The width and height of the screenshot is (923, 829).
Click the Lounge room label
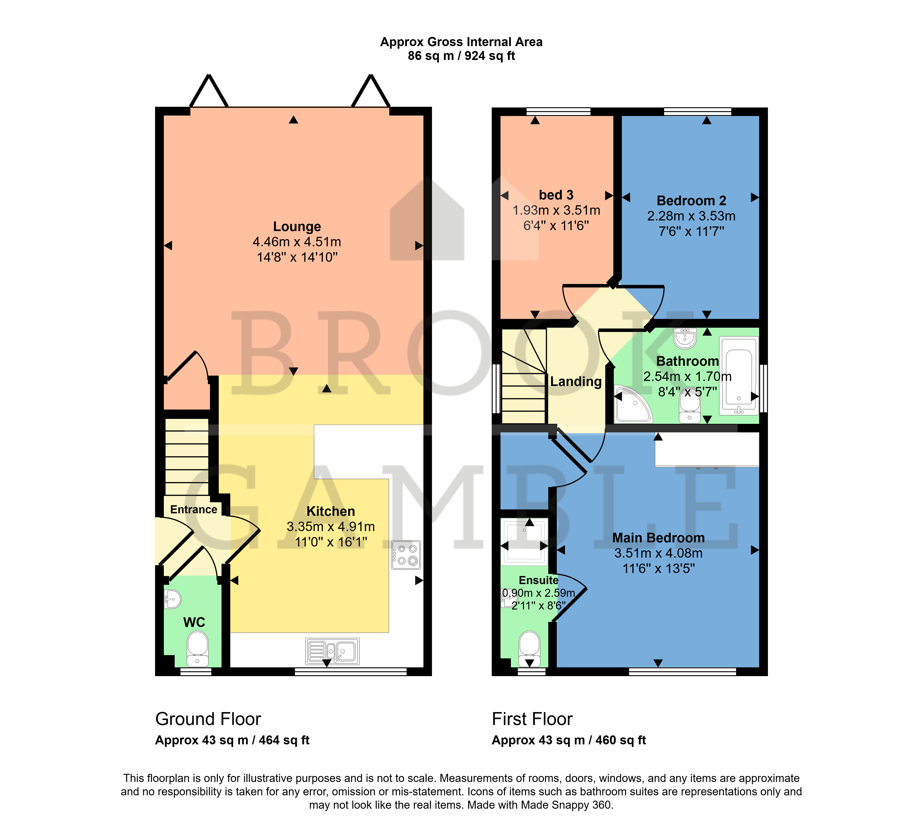click(297, 226)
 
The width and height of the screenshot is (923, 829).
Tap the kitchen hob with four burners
click(406, 555)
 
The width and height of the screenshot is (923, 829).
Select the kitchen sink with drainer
click(332, 651)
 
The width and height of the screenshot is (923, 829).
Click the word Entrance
click(194, 509)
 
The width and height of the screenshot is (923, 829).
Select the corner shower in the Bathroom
click(633, 404)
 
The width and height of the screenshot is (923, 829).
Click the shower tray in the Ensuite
click(524, 542)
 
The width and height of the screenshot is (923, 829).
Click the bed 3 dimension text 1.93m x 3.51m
click(556, 211)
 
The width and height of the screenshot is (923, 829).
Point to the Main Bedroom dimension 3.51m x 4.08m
click(658, 553)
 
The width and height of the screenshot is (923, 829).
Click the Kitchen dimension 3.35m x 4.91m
click(330, 526)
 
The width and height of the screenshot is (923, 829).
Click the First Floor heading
click(532, 719)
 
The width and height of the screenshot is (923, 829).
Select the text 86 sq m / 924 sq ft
click(461, 56)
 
